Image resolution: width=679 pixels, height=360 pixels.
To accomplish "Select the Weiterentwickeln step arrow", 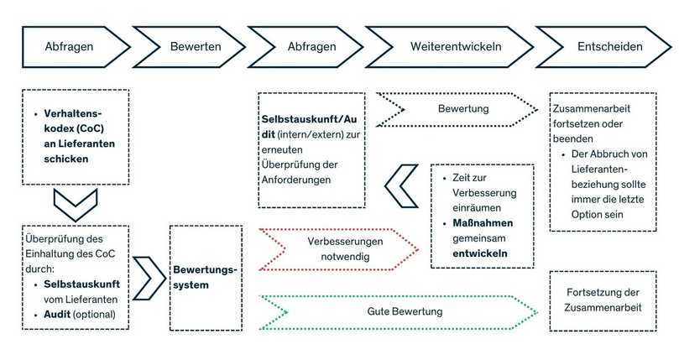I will click(456, 46).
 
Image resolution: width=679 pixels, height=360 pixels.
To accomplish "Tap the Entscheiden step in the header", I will click(609, 46).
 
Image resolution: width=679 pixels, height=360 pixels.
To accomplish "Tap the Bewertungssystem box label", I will click(205, 278).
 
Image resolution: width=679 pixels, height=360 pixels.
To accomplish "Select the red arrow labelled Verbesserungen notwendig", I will click(340, 249).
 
